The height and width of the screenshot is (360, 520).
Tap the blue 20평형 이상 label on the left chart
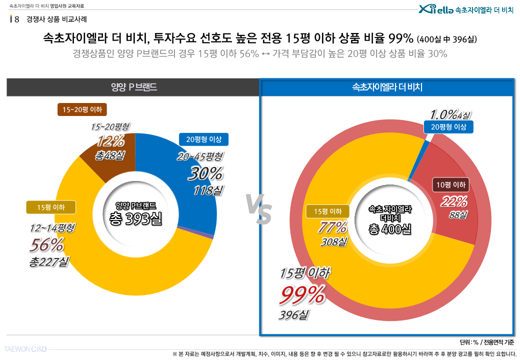(x=203, y=139)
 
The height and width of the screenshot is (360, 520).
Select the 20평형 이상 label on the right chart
(x=448, y=127)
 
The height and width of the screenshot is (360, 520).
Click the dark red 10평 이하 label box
(x=450, y=185)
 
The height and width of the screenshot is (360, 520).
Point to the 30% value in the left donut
(x=204, y=173)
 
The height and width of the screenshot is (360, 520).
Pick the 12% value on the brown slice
(x=110, y=141)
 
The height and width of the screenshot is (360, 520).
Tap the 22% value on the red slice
(x=453, y=201)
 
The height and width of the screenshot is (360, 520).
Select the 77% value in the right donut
(x=332, y=227)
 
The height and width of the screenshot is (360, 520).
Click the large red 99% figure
(x=302, y=295)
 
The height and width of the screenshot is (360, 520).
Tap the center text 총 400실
(x=389, y=229)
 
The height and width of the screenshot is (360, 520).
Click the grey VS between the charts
(x=258, y=209)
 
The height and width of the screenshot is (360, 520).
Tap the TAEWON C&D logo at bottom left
(x=25, y=348)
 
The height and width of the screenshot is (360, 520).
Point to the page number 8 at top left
(x=17, y=19)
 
